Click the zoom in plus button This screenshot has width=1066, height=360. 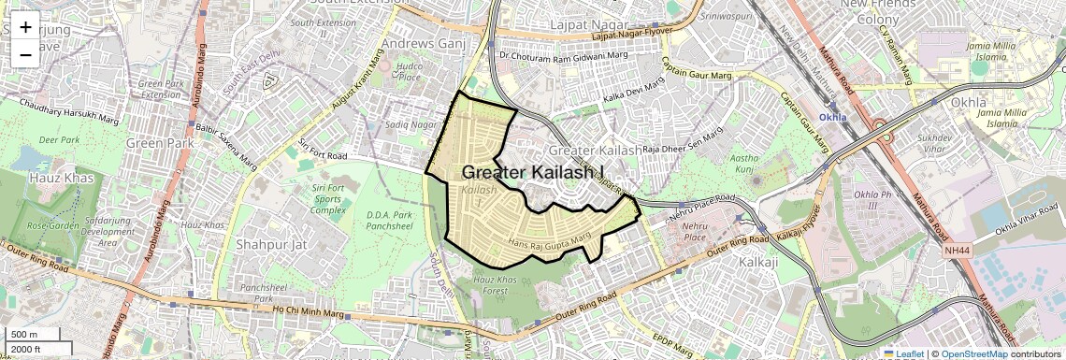(25, 26)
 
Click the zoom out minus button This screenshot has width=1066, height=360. (25, 54)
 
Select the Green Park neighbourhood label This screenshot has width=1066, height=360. (158, 143)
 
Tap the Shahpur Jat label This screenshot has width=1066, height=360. (266, 246)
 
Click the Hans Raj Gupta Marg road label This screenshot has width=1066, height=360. (551, 243)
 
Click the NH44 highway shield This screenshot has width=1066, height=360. (958, 251)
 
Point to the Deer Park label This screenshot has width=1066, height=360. (60, 139)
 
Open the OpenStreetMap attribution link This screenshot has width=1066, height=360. (973, 353)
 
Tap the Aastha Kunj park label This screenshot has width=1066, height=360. (743, 165)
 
